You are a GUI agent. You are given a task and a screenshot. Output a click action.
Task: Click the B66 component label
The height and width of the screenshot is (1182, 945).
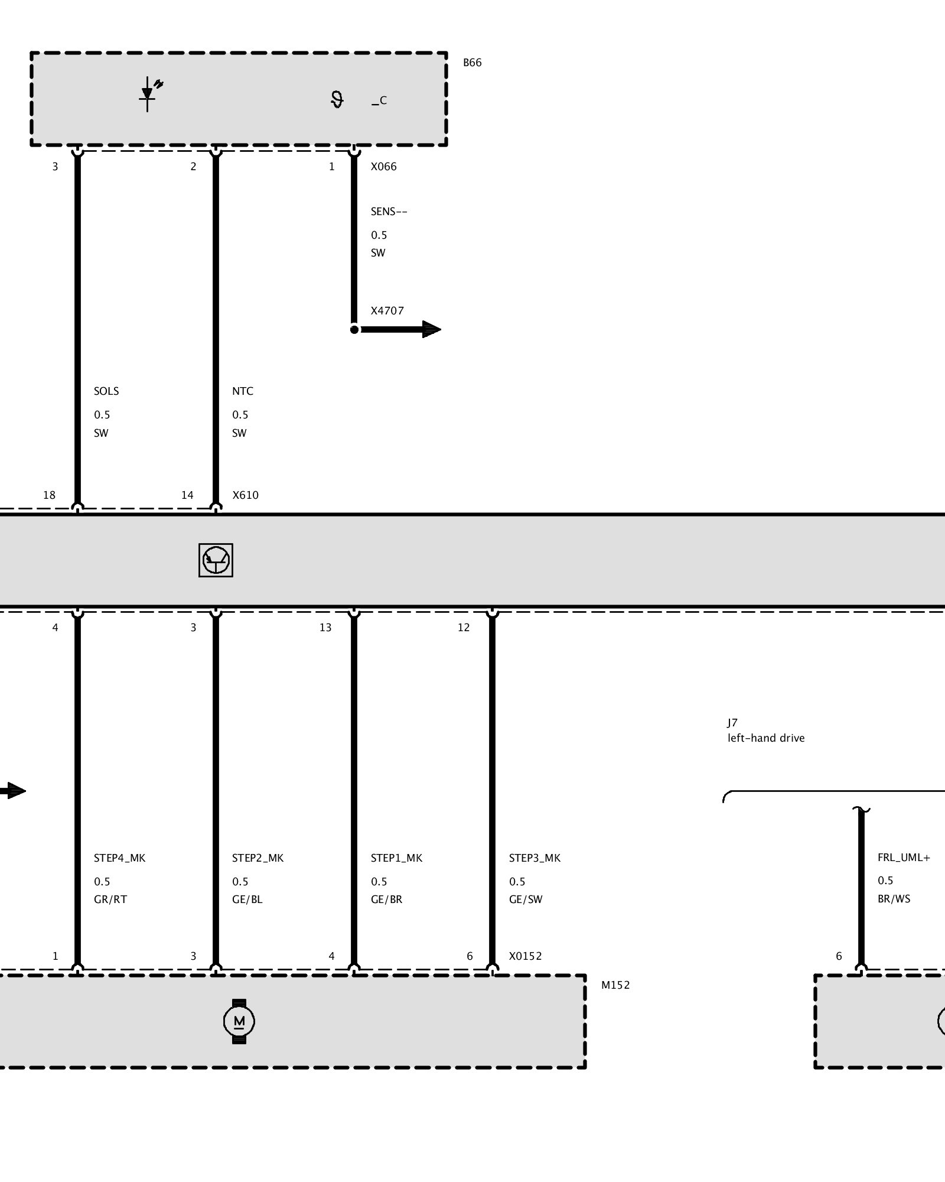point(472,63)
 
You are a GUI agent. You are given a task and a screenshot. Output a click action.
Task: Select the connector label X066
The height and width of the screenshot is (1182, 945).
point(383,167)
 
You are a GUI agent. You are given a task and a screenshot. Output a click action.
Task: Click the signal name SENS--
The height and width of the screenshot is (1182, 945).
point(389,212)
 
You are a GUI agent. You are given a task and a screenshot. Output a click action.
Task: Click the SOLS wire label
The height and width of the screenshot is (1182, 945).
point(106,391)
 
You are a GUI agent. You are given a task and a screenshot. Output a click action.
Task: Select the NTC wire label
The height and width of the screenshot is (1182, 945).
point(242,391)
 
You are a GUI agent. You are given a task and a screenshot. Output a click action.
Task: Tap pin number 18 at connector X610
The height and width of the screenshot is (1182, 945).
point(49,495)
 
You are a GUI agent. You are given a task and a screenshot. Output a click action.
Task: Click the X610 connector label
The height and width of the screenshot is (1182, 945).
point(245,495)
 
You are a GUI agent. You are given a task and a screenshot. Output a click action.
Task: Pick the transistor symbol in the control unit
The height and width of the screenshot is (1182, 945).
point(216,560)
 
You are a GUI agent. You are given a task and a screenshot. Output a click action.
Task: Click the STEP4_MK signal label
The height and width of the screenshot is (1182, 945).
point(119,858)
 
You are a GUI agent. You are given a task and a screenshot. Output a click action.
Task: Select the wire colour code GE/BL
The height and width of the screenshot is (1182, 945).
point(247,900)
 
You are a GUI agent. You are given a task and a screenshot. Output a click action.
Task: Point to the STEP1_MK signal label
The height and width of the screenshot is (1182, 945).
point(396,858)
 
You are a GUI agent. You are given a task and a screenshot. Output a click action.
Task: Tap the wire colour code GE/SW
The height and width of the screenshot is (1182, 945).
point(526,900)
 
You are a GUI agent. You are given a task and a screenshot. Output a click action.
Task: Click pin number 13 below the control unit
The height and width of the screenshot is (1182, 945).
point(325,628)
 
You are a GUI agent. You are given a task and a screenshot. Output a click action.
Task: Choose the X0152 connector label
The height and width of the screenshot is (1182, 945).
point(525,956)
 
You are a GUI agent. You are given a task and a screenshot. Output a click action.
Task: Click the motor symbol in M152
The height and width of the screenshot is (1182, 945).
point(239,1021)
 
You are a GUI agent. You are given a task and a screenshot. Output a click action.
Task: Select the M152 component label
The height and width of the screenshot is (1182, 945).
point(615,985)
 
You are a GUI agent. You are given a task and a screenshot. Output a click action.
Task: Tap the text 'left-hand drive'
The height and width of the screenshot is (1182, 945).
point(766,738)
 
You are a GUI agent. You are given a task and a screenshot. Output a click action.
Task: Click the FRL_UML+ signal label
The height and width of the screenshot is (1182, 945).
point(904,858)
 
